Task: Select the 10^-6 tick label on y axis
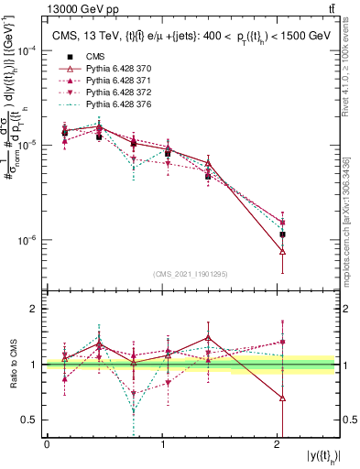point(27,240)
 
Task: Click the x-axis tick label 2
point(278,444)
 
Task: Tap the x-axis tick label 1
point(163,444)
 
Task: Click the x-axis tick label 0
point(48,444)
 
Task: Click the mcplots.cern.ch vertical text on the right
point(352,211)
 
